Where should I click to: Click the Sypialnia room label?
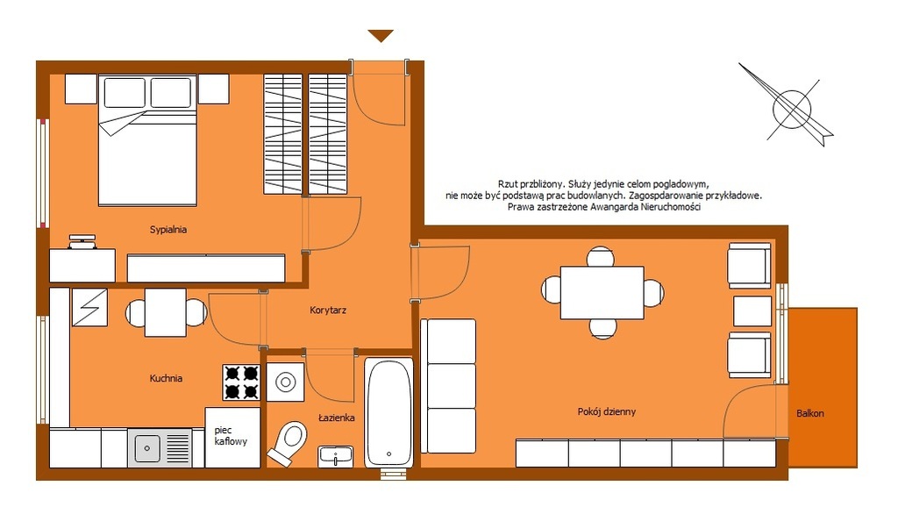coord(167,230)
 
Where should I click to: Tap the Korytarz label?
coord(328,310)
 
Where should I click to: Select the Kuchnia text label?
coord(166,378)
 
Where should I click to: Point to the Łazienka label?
coord(336,418)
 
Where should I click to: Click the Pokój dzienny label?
coord(607,411)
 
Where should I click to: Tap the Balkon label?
coord(809,413)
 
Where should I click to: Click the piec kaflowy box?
coord(232,438)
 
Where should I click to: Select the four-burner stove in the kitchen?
coord(241,382)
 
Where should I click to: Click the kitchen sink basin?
coord(147,448)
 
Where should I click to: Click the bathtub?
coord(388,412)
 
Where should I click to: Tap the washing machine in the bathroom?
coord(285,382)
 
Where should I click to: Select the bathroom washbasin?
coord(336,457)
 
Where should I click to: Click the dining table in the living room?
coord(602,293)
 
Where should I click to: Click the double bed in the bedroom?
coord(147,140)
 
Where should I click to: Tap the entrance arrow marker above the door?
coord(381,36)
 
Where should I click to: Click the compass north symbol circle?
coord(792,109)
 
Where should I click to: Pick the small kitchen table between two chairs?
coord(165,312)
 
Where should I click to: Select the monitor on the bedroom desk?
coord(82,241)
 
